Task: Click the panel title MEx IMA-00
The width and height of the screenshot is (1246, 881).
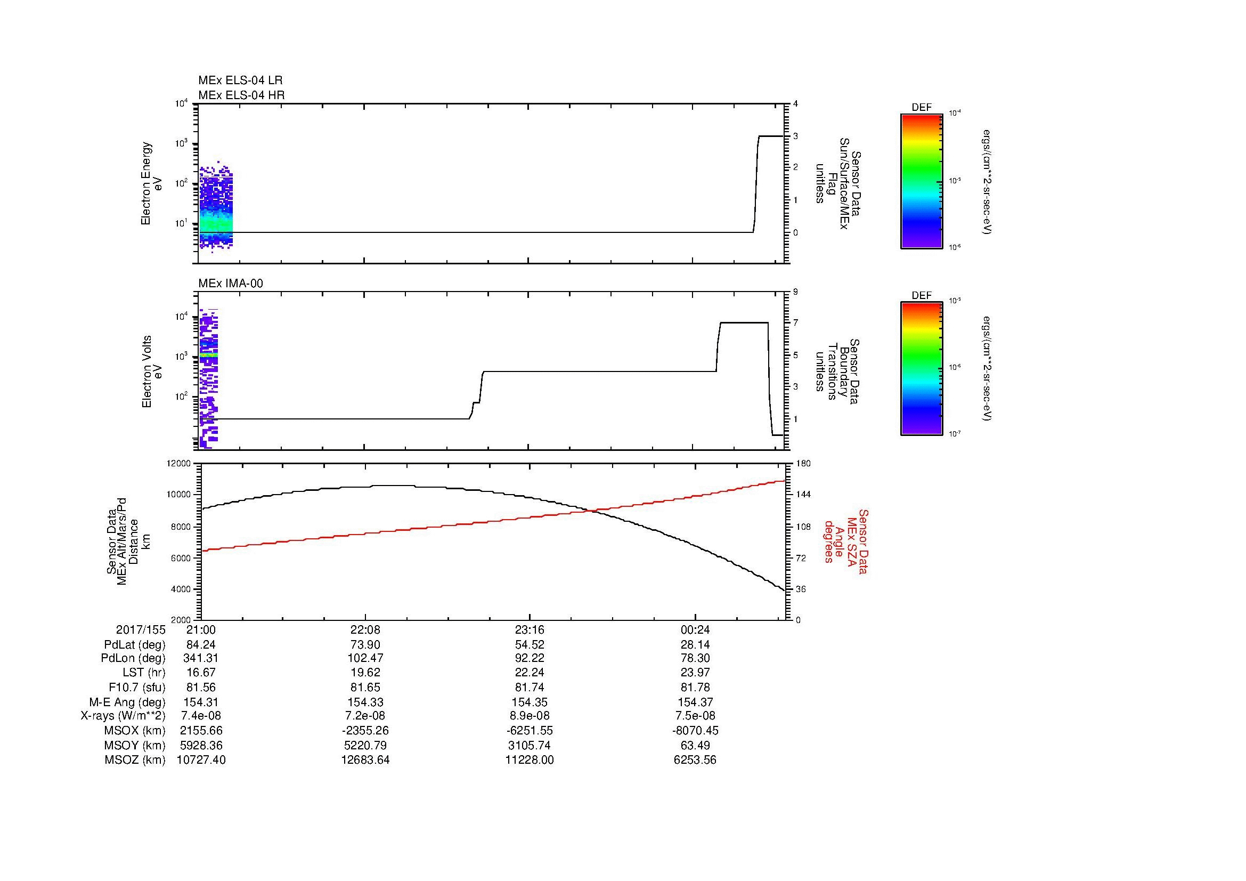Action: click(231, 284)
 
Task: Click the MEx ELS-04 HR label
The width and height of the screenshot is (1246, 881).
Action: click(241, 95)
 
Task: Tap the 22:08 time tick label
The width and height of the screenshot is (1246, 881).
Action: click(365, 630)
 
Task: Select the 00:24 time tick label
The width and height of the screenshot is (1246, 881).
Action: click(695, 630)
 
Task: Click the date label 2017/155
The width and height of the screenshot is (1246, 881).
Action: click(141, 630)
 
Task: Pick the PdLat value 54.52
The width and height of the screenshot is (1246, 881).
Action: click(529, 645)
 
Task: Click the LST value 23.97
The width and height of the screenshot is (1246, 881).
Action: click(695, 673)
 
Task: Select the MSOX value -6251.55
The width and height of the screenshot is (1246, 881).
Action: click(529, 731)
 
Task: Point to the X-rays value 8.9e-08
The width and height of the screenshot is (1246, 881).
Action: click(529, 716)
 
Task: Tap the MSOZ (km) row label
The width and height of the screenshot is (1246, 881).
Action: click(135, 760)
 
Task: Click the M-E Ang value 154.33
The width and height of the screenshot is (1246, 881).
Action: click(365, 702)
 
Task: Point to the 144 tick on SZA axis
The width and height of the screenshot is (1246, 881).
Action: click(803, 495)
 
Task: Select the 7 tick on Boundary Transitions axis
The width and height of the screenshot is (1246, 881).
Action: click(795, 323)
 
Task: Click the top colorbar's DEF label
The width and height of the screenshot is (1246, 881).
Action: click(922, 108)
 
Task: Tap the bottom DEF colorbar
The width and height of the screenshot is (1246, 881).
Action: click(922, 369)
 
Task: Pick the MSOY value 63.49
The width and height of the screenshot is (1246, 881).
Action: click(695, 745)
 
